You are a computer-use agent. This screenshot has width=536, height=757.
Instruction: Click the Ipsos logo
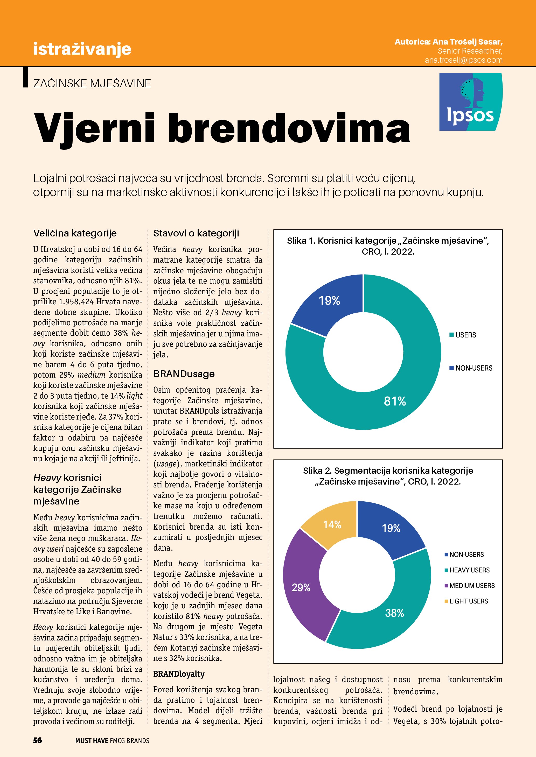tap(471, 102)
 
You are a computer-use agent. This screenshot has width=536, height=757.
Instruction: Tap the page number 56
tap(37, 740)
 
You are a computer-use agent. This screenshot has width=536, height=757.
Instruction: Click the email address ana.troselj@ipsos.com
tap(463, 60)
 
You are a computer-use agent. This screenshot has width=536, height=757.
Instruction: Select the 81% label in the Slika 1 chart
tap(395, 401)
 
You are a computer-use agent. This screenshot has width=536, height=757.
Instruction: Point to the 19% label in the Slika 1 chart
tap(329, 300)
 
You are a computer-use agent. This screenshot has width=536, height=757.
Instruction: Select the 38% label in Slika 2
tap(394, 613)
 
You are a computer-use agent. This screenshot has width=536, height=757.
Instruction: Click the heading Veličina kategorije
tap(75, 233)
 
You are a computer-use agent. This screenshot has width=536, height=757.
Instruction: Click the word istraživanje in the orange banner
tap(82, 49)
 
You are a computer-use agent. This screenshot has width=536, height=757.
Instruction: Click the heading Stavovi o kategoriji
tap(196, 233)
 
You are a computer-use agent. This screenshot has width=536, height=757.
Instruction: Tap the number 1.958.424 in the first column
tap(76, 302)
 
